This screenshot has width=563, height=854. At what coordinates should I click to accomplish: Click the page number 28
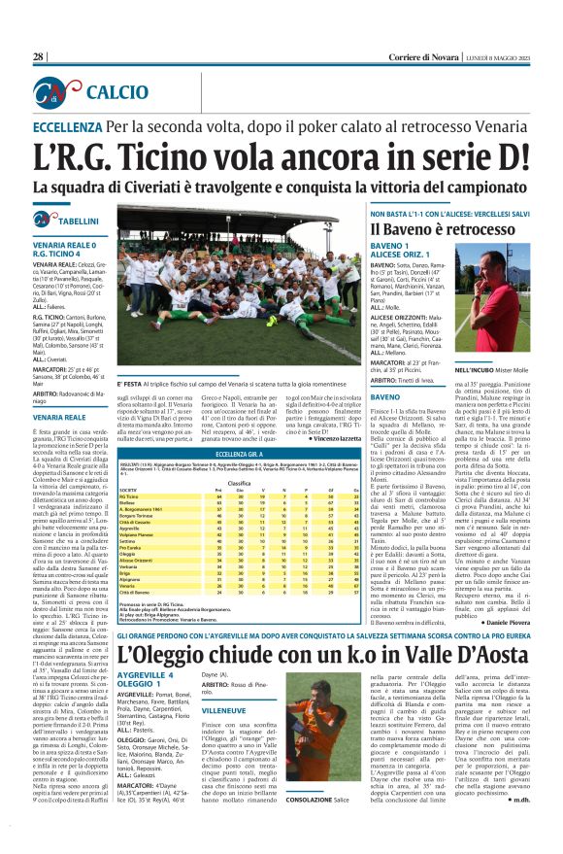point(38,57)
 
